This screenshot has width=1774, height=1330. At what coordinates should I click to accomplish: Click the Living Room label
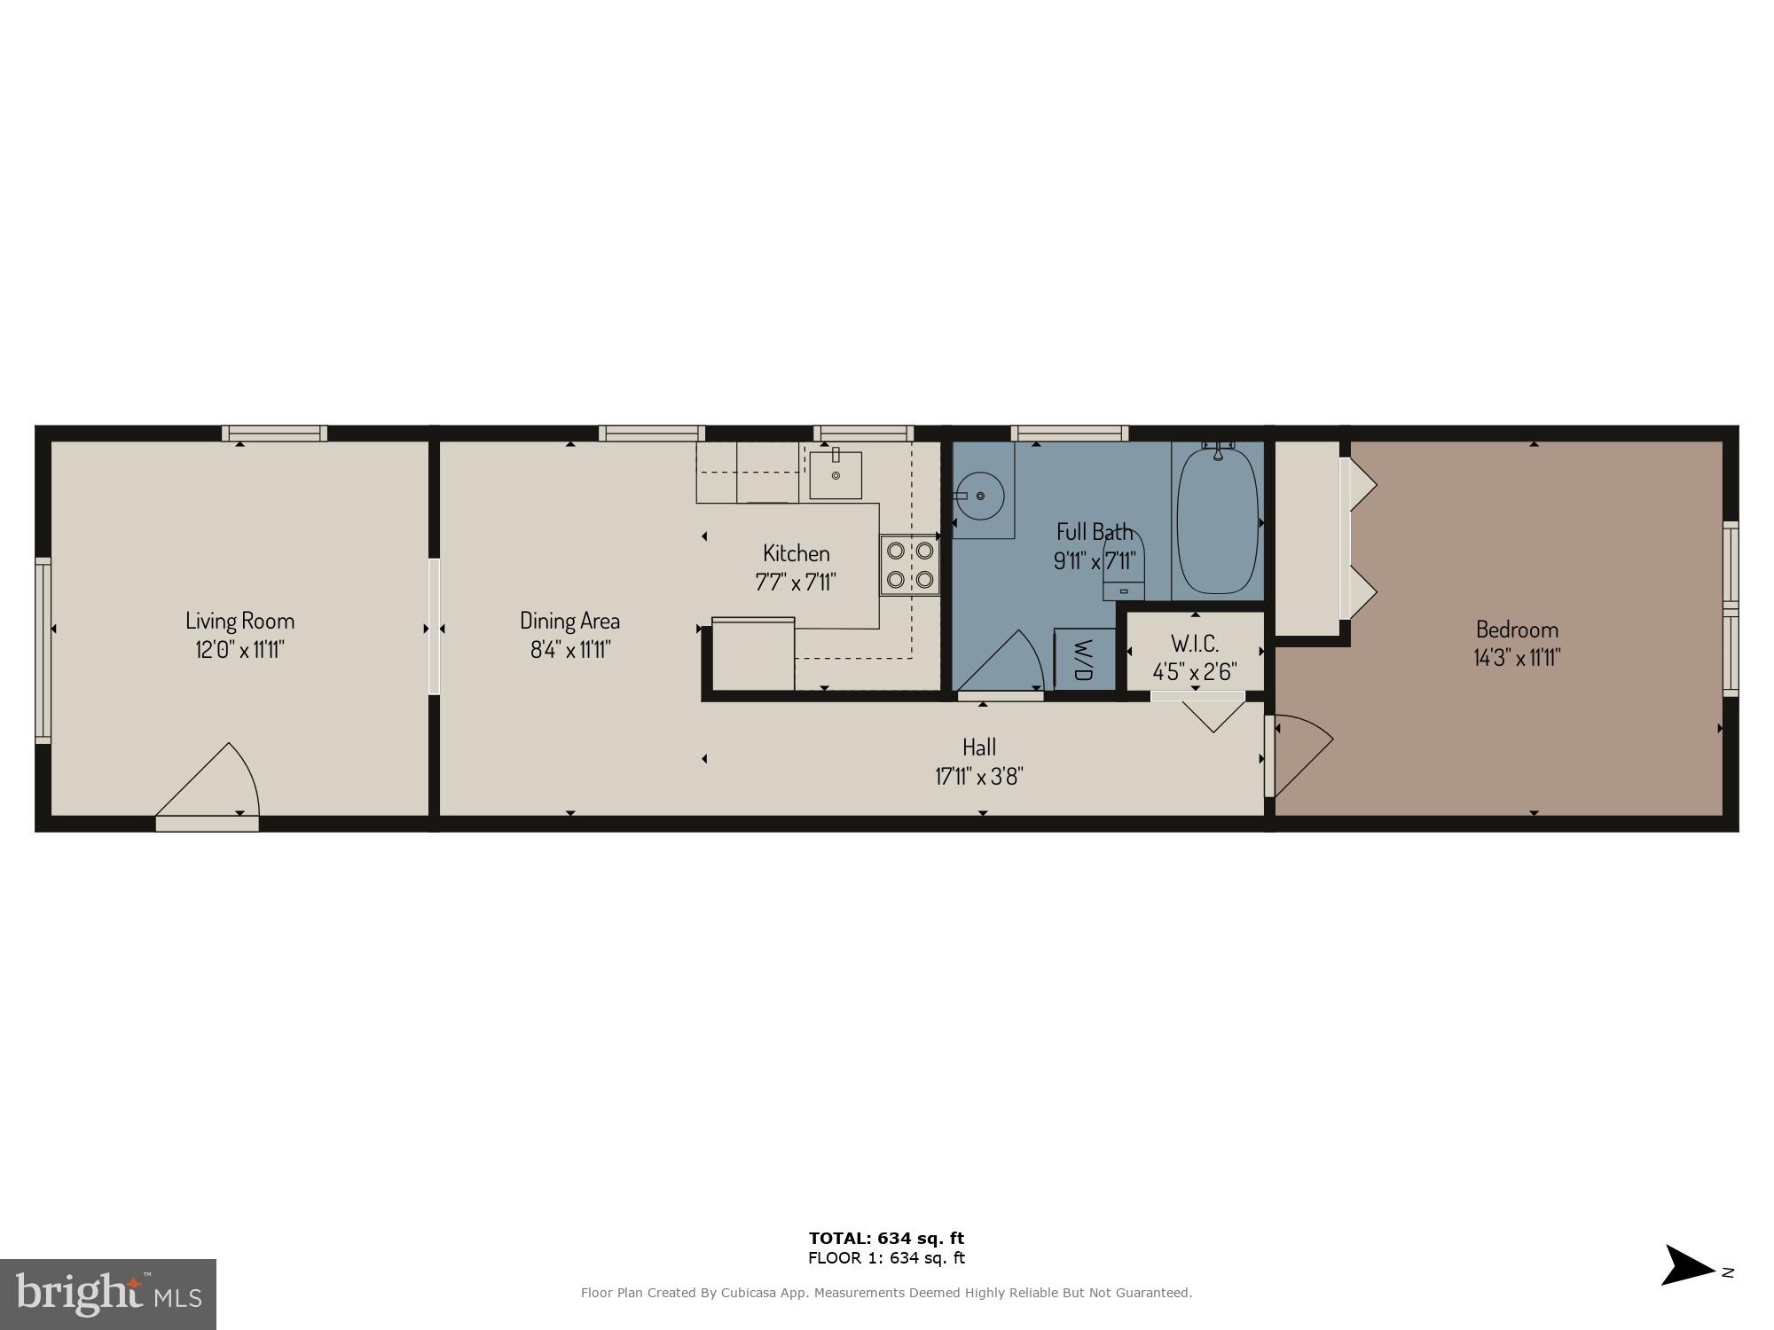click(239, 621)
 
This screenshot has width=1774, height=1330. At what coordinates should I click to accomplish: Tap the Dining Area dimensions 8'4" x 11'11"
click(570, 650)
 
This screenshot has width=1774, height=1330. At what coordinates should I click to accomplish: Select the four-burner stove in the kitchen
click(910, 565)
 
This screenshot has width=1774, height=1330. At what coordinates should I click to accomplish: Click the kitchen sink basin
click(836, 475)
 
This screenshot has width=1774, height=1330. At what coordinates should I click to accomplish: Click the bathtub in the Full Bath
click(1217, 521)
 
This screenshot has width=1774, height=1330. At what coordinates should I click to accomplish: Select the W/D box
click(1083, 659)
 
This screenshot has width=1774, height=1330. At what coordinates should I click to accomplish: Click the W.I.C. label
click(1195, 643)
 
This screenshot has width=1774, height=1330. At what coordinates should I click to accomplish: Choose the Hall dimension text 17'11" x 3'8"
click(979, 777)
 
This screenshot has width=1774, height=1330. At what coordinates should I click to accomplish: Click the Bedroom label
click(1517, 630)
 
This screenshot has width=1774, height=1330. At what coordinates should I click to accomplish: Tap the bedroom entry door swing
click(1299, 754)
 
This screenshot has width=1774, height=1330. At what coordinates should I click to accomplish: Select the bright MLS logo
click(108, 1295)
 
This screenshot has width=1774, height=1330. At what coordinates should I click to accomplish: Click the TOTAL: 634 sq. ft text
click(886, 1239)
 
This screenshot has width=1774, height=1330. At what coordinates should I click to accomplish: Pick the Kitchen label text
click(797, 553)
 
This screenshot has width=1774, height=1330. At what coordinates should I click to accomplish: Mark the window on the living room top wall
click(274, 434)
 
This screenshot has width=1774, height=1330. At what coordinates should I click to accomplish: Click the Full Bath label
click(1095, 532)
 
